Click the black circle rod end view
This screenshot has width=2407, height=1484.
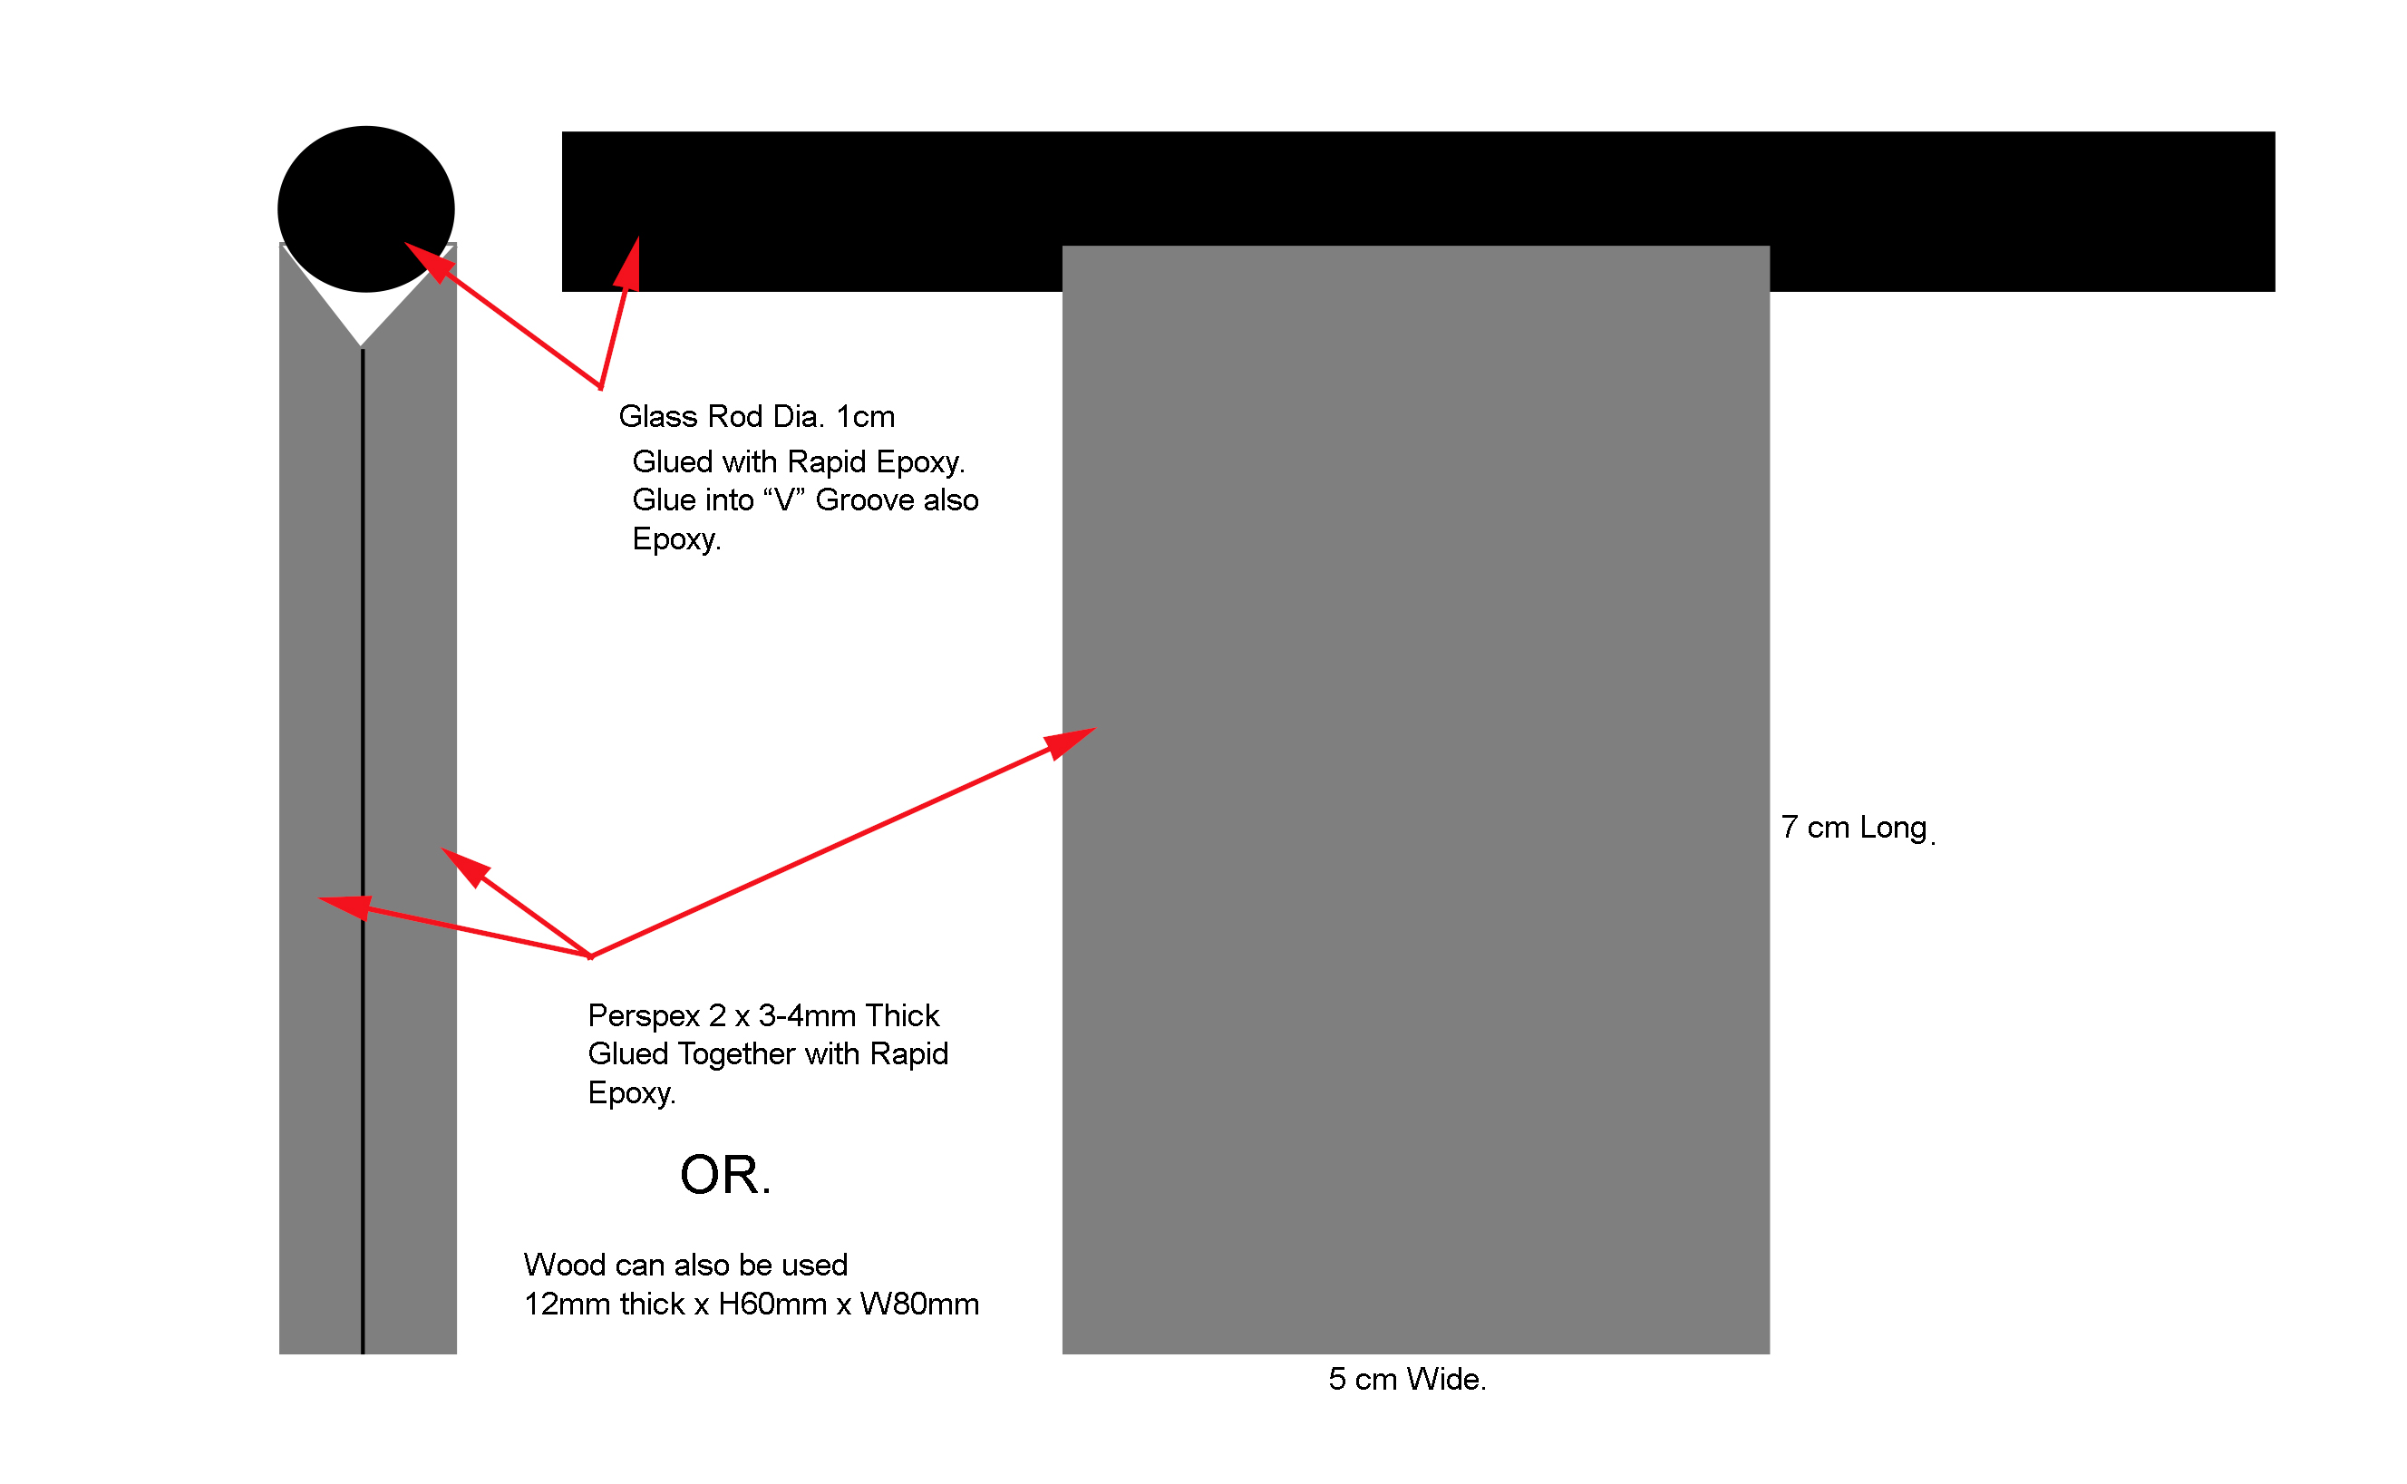[x=366, y=209]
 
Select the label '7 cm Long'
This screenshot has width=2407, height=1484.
[x=1854, y=828]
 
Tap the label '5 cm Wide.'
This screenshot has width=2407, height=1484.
[x=1407, y=1379]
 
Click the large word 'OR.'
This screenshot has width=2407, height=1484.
[x=725, y=1175]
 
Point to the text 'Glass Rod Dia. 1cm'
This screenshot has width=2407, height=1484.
[x=756, y=416]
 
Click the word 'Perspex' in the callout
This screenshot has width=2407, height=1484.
[x=644, y=1016]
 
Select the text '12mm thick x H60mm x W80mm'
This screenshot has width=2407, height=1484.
[x=752, y=1305]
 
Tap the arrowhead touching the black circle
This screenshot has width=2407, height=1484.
[x=428, y=261]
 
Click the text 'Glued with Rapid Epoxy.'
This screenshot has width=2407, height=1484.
[x=799, y=461]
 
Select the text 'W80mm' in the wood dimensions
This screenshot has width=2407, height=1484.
[x=919, y=1305]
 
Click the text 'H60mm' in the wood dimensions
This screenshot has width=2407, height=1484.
[x=772, y=1305]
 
